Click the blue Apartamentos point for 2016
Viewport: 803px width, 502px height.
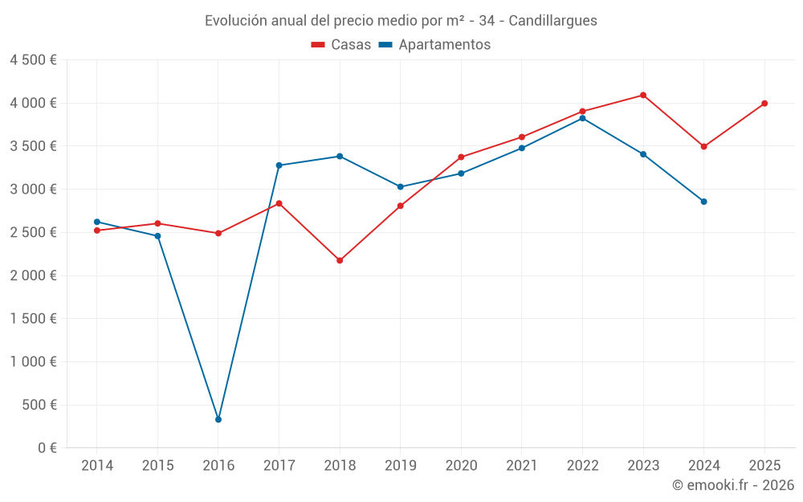point(218,419)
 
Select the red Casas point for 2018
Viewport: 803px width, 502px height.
point(340,260)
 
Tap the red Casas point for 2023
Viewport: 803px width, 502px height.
point(643,95)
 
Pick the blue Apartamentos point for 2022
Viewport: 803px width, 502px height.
point(582,118)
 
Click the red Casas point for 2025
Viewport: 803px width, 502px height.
point(764,103)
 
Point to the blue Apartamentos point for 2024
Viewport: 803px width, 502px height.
point(703,202)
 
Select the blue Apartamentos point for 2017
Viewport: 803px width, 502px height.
point(279,165)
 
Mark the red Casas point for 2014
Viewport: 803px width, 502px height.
point(97,231)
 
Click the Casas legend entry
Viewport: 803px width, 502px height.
point(341,45)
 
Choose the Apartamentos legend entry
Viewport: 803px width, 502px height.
point(434,45)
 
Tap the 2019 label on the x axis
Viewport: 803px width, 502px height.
point(400,465)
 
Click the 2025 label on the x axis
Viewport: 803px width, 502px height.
point(764,465)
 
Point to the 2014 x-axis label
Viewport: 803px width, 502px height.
point(97,465)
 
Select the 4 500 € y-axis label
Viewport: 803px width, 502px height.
point(33,60)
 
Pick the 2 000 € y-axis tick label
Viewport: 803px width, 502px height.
point(33,275)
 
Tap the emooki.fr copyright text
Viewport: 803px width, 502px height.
point(733,485)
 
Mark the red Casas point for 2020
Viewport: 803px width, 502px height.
point(461,157)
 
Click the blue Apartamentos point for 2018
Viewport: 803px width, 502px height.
point(340,156)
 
